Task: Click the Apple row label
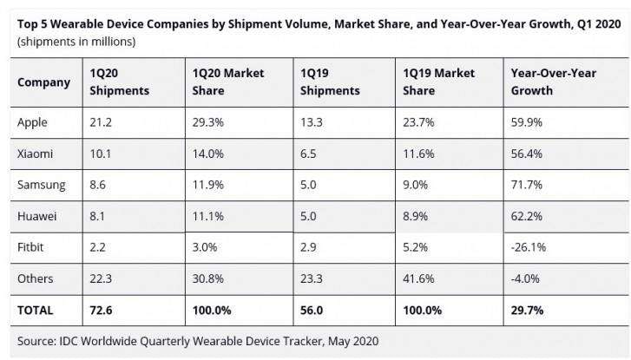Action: (x=33, y=122)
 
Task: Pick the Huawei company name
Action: (x=37, y=216)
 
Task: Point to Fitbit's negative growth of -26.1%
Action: (x=529, y=247)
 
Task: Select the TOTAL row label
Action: (x=36, y=310)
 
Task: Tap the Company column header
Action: (x=43, y=82)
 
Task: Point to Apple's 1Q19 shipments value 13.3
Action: (x=311, y=122)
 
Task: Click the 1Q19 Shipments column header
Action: (x=330, y=82)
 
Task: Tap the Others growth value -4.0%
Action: (x=526, y=278)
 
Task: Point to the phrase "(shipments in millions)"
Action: (x=76, y=41)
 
